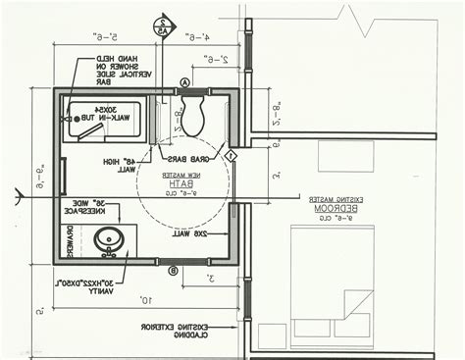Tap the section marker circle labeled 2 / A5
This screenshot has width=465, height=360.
[161, 26]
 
